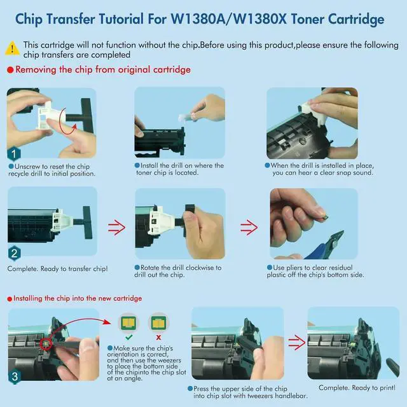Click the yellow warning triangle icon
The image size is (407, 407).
tap(12, 48)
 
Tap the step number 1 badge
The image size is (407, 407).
tap(14, 154)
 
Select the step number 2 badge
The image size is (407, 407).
tap(14, 253)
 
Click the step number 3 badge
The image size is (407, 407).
tap(15, 376)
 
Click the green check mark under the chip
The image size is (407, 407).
tap(128, 337)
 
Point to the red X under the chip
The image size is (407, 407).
tap(158, 337)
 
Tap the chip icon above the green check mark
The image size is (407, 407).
tap(128, 323)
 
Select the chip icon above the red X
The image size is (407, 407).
tap(158, 323)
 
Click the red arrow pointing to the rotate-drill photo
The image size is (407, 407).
tap(116, 228)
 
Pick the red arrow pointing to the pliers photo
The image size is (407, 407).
tap(249, 228)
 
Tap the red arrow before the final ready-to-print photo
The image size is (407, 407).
tap(297, 342)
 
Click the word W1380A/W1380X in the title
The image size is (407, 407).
tap(228, 19)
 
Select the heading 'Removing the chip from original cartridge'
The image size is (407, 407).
tap(103, 69)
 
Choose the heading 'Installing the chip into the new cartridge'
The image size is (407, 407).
tap(78, 298)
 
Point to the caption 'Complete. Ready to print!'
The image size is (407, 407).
tap(357, 388)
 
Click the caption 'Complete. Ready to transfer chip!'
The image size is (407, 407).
tap(57, 269)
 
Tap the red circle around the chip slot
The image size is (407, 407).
tap(46, 344)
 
